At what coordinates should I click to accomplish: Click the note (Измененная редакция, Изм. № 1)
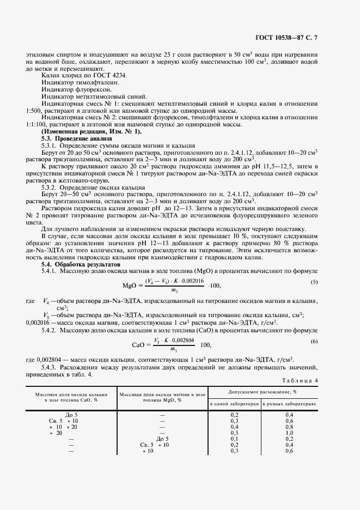pos(91,132)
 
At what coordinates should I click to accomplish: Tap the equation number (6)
pos(314,341)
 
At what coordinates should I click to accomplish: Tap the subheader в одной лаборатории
pos(234,404)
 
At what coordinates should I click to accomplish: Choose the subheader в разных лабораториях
pos(289,404)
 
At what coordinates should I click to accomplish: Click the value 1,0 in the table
pos(289,433)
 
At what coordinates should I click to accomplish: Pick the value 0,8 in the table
pos(289,427)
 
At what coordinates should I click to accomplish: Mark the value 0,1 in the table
pos(234,439)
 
